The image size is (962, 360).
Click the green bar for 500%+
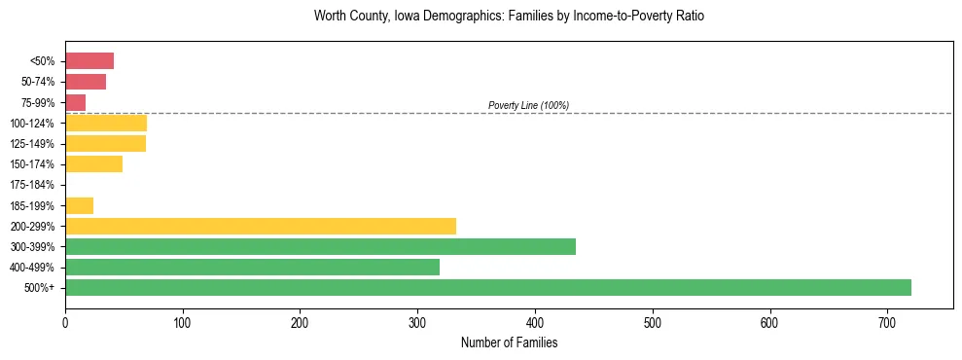click(x=487, y=287)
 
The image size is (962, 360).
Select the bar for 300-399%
click(x=320, y=246)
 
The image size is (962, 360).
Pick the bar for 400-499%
click(x=252, y=267)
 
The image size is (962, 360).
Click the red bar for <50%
click(x=89, y=61)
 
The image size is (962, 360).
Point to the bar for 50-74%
click(x=86, y=82)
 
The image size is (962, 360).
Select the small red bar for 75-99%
click(x=76, y=102)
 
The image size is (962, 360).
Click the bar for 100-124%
click(x=106, y=123)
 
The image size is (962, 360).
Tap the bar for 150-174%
click(x=93, y=164)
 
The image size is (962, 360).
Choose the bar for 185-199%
click(x=79, y=205)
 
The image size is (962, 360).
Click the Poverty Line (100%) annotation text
click(x=528, y=105)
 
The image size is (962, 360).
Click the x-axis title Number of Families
click(x=509, y=343)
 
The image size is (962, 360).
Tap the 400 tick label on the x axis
click(x=535, y=322)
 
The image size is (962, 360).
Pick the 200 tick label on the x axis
click(x=300, y=322)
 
